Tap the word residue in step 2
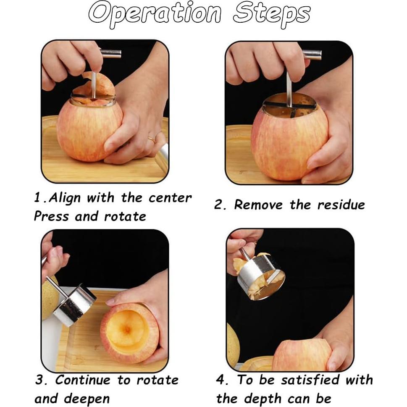pos(341,205)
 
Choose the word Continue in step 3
pos(84,380)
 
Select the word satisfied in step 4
pos(310,380)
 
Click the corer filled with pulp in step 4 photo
pos(261,280)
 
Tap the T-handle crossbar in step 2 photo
pos(311,55)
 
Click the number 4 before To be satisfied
pos(222,380)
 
